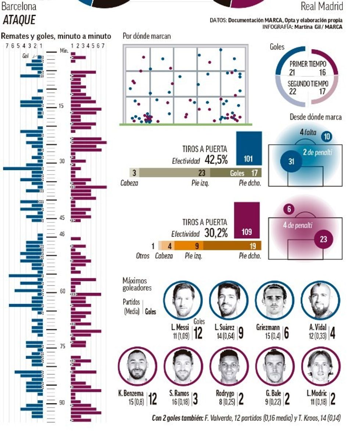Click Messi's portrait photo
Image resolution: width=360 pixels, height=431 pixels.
click(183, 300)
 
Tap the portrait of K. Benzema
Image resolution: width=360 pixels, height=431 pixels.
click(137, 366)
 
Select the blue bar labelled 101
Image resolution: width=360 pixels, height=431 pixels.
click(249, 148)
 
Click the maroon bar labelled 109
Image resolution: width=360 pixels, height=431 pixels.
click(247, 220)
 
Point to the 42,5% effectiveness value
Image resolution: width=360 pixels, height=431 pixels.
click(216, 160)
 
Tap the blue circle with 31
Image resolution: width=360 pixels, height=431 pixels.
click(291, 161)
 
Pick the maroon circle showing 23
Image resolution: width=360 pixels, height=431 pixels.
click(323, 239)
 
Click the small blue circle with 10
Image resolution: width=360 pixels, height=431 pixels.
click(326, 137)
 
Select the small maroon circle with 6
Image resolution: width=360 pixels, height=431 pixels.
click(289, 210)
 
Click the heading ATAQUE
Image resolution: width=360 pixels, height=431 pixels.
click(19, 20)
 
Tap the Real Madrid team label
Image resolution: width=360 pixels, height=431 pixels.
click(322, 6)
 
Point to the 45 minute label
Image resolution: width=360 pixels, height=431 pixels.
click(62, 218)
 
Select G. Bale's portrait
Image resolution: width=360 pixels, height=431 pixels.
click(275, 366)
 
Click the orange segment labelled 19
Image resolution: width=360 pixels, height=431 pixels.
click(232, 246)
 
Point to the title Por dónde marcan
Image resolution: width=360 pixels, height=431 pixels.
click(147, 36)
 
